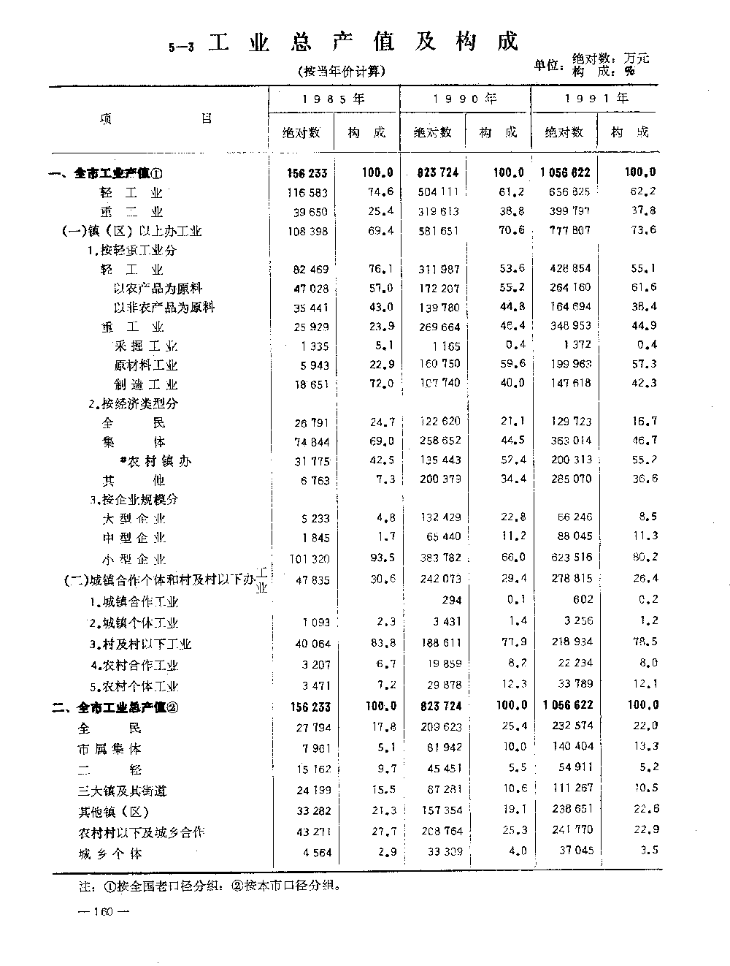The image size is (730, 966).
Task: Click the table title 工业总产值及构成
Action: coord(363,42)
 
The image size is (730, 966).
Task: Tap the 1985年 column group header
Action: coord(334,98)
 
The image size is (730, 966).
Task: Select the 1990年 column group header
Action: coord(465,98)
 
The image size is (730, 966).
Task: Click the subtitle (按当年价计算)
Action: coord(341,72)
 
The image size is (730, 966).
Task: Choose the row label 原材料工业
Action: coord(145,365)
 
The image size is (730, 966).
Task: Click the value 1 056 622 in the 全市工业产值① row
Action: coord(566,173)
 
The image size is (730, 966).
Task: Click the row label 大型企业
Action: coord(134,519)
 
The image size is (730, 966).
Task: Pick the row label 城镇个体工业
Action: coord(134,623)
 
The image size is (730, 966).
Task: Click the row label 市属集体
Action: coord(110,749)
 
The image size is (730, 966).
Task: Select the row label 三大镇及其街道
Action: coord(123,791)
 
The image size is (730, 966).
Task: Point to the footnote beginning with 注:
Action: coord(209,886)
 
